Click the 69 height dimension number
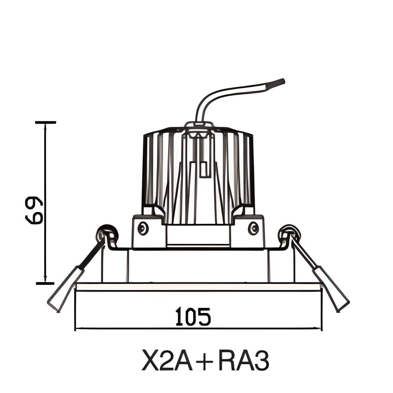pyautogui.click(x=34, y=210)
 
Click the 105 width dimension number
pyautogui.click(x=193, y=317)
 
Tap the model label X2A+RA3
pyautogui.click(x=205, y=360)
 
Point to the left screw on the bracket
pyautogui.click(x=143, y=228)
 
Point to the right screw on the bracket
pyautogui.click(x=253, y=228)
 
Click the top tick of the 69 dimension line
pyautogui.click(x=45, y=122)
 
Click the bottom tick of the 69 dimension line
pyautogui.click(x=45, y=283)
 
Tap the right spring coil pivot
pyautogui.click(x=289, y=234)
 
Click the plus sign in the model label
pyautogui.click(x=205, y=361)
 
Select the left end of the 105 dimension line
pyautogui.click(x=76, y=328)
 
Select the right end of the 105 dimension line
pyautogui.click(x=321, y=328)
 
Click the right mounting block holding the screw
pyautogui.click(x=247, y=232)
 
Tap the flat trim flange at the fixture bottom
pyautogui.click(x=198, y=287)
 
